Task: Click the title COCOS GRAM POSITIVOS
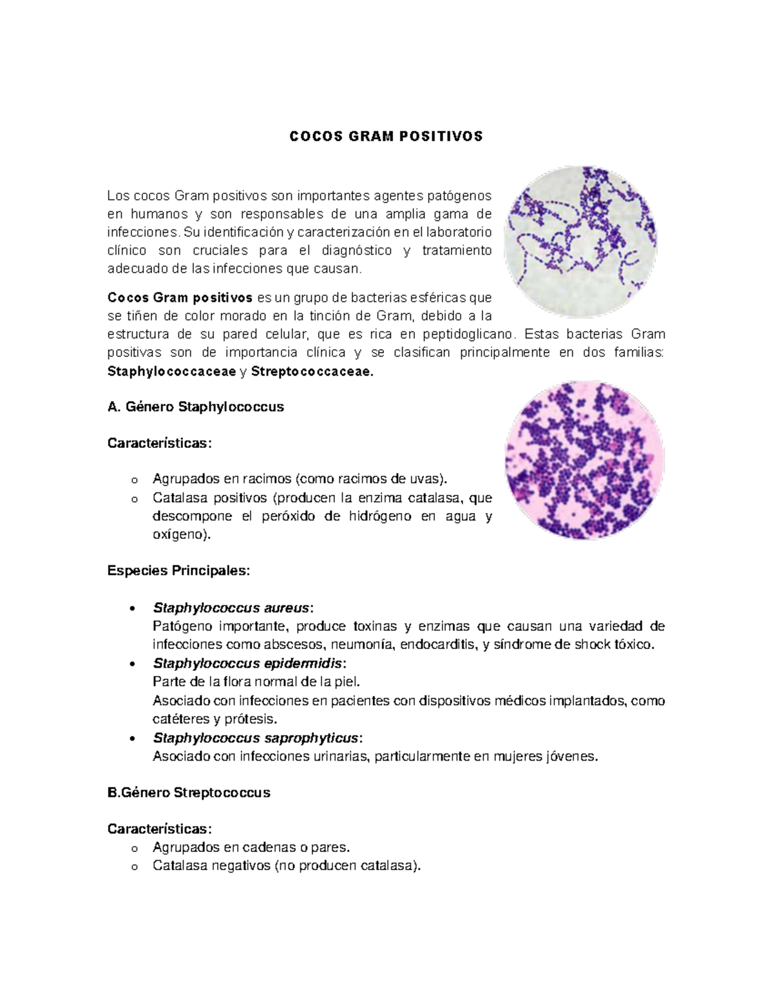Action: click(x=386, y=137)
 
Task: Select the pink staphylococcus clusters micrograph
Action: click(x=584, y=460)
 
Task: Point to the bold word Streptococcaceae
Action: click(x=312, y=371)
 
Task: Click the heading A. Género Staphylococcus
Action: click(x=195, y=407)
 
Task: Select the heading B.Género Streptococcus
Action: click(x=189, y=793)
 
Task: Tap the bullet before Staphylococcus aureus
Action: click(x=132, y=608)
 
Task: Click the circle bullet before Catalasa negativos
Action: click(x=134, y=867)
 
